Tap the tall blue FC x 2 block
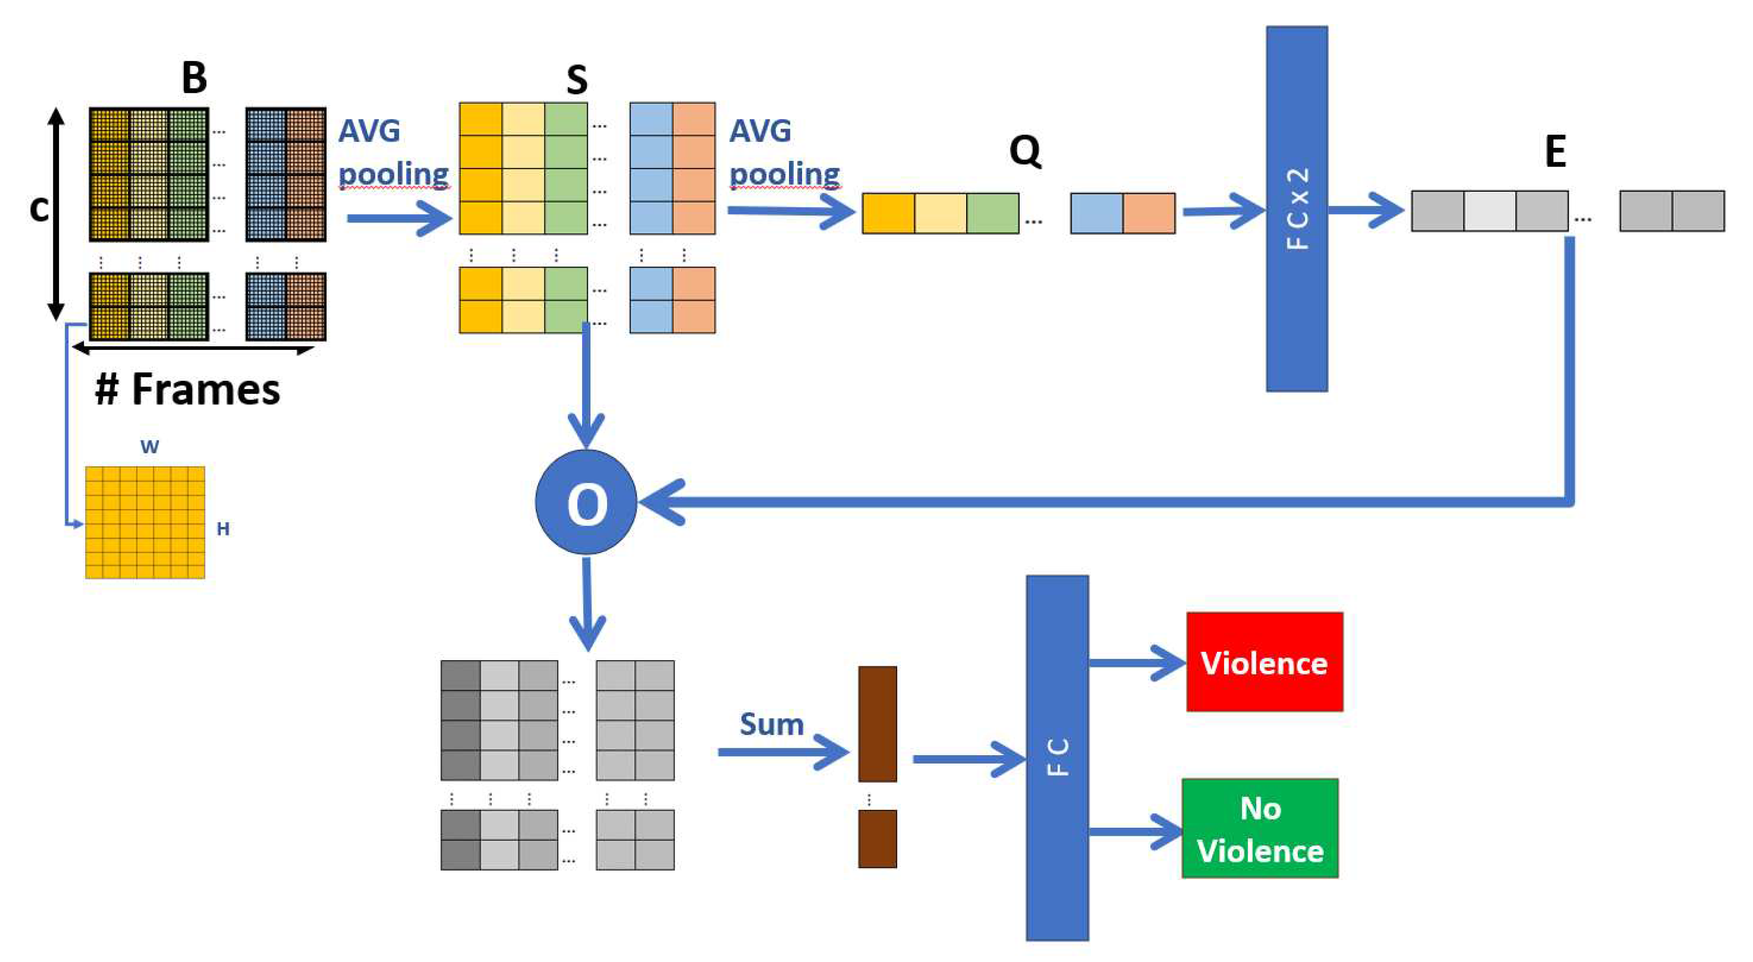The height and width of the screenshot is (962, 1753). [x=1296, y=208]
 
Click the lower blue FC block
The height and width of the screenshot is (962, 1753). [x=1057, y=757]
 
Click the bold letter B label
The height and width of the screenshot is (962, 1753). [x=194, y=78]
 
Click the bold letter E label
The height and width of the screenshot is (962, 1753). [x=1555, y=150]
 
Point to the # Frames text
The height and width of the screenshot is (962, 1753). [x=187, y=389]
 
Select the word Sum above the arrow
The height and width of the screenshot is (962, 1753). [x=771, y=724]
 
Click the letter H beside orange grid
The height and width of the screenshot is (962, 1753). [x=223, y=529]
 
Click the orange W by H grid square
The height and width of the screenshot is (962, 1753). [x=144, y=522]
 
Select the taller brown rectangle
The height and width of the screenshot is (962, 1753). [x=877, y=723]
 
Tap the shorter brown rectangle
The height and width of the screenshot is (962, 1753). [x=877, y=838]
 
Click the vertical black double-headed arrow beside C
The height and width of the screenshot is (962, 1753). [x=56, y=213]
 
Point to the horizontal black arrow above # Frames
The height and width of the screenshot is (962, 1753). [x=193, y=349]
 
